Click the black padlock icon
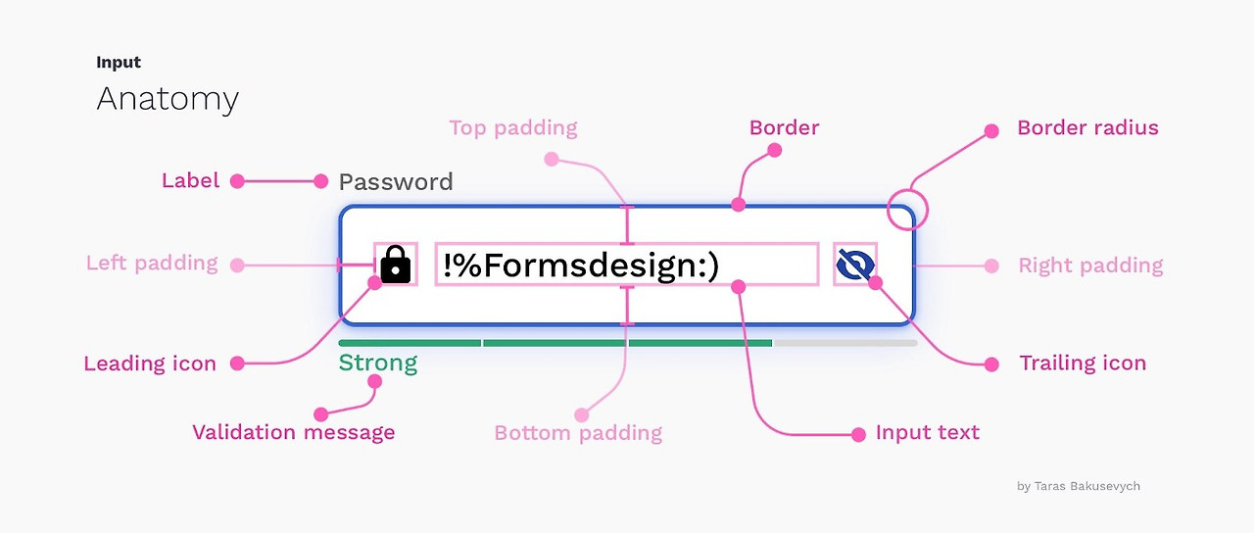click(395, 265)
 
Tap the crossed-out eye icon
click(854, 265)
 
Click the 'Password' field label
click(396, 182)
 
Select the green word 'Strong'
click(377, 363)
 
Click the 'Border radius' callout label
click(1087, 128)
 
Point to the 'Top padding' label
click(513, 128)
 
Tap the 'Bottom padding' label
click(578, 433)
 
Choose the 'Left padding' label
click(152, 263)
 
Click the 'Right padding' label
click(1090, 266)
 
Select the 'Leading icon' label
click(150, 363)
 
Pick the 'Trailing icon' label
click(1083, 363)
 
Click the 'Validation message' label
click(294, 432)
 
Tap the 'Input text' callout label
click(928, 433)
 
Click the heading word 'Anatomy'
click(168, 99)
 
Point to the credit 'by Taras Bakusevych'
click(1079, 486)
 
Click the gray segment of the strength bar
click(845, 343)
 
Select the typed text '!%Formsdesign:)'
click(581, 266)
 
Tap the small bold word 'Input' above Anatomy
click(119, 63)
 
